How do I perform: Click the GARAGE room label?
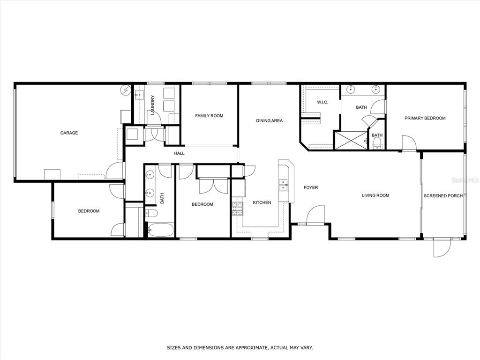(x=69, y=133)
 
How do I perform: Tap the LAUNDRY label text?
(x=152, y=105)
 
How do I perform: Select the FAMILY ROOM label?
(x=209, y=116)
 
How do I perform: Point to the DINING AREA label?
(x=270, y=120)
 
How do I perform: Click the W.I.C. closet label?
(x=322, y=102)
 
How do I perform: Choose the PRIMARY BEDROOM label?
(x=425, y=118)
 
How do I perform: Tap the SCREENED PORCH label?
(x=443, y=196)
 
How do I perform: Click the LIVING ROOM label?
(x=375, y=195)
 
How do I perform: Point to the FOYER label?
(x=311, y=187)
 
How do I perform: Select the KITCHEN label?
(x=262, y=202)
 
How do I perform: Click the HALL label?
(x=180, y=153)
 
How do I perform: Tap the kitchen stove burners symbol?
(x=237, y=209)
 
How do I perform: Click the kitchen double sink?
(x=283, y=185)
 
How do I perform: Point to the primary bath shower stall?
(x=351, y=140)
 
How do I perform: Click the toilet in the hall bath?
(x=151, y=213)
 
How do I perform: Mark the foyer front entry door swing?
(x=315, y=216)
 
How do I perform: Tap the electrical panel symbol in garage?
(x=125, y=90)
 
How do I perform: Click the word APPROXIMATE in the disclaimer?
(x=248, y=348)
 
